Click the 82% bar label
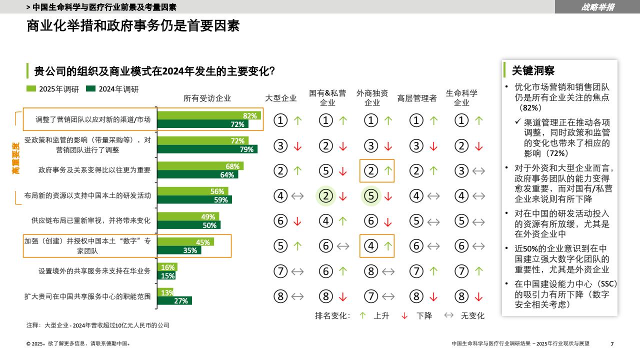pyautogui.click(x=249, y=116)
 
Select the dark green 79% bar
pyautogui.click(x=207, y=149)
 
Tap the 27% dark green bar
pyautogui.click(x=175, y=300)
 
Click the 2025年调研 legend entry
pyautogui.click(x=53, y=89)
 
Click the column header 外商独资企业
pyautogui.click(x=372, y=98)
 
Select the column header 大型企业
pyautogui.click(x=280, y=98)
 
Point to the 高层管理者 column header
pyautogui.click(x=417, y=98)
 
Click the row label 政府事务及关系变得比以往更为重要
pyautogui.click(x=94, y=170)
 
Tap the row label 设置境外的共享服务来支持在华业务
pyautogui.click(x=94, y=271)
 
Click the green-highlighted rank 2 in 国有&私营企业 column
pyautogui.click(x=326, y=196)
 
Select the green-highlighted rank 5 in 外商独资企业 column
pyautogui.click(x=371, y=196)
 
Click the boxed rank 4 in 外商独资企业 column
pyautogui.click(x=371, y=246)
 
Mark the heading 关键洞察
pyautogui.click(x=533, y=70)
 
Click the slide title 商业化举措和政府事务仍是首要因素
pyautogui.click(x=133, y=26)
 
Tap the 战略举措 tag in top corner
pyautogui.click(x=597, y=7)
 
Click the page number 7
pyautogui.click(x=612, y=343)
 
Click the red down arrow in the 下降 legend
pyautogui.click(x=405, y=315)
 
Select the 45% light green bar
pyautogui.click(x=186, y=242)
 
